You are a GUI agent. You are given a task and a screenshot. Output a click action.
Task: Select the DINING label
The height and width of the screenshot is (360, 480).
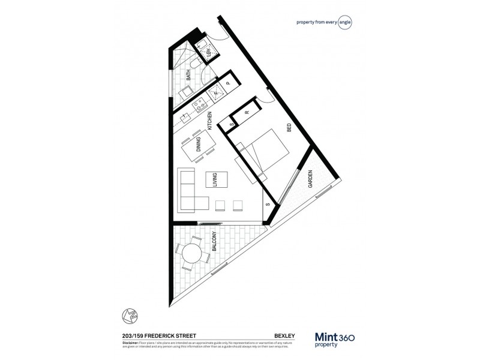tap(199, 145)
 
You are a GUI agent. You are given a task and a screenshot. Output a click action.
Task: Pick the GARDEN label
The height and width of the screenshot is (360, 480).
tap(310, 179)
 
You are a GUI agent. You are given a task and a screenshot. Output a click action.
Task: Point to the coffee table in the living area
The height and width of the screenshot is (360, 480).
tap(217, 181)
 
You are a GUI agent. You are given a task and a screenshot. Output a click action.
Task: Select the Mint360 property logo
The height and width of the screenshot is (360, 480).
tap(335, 339)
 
